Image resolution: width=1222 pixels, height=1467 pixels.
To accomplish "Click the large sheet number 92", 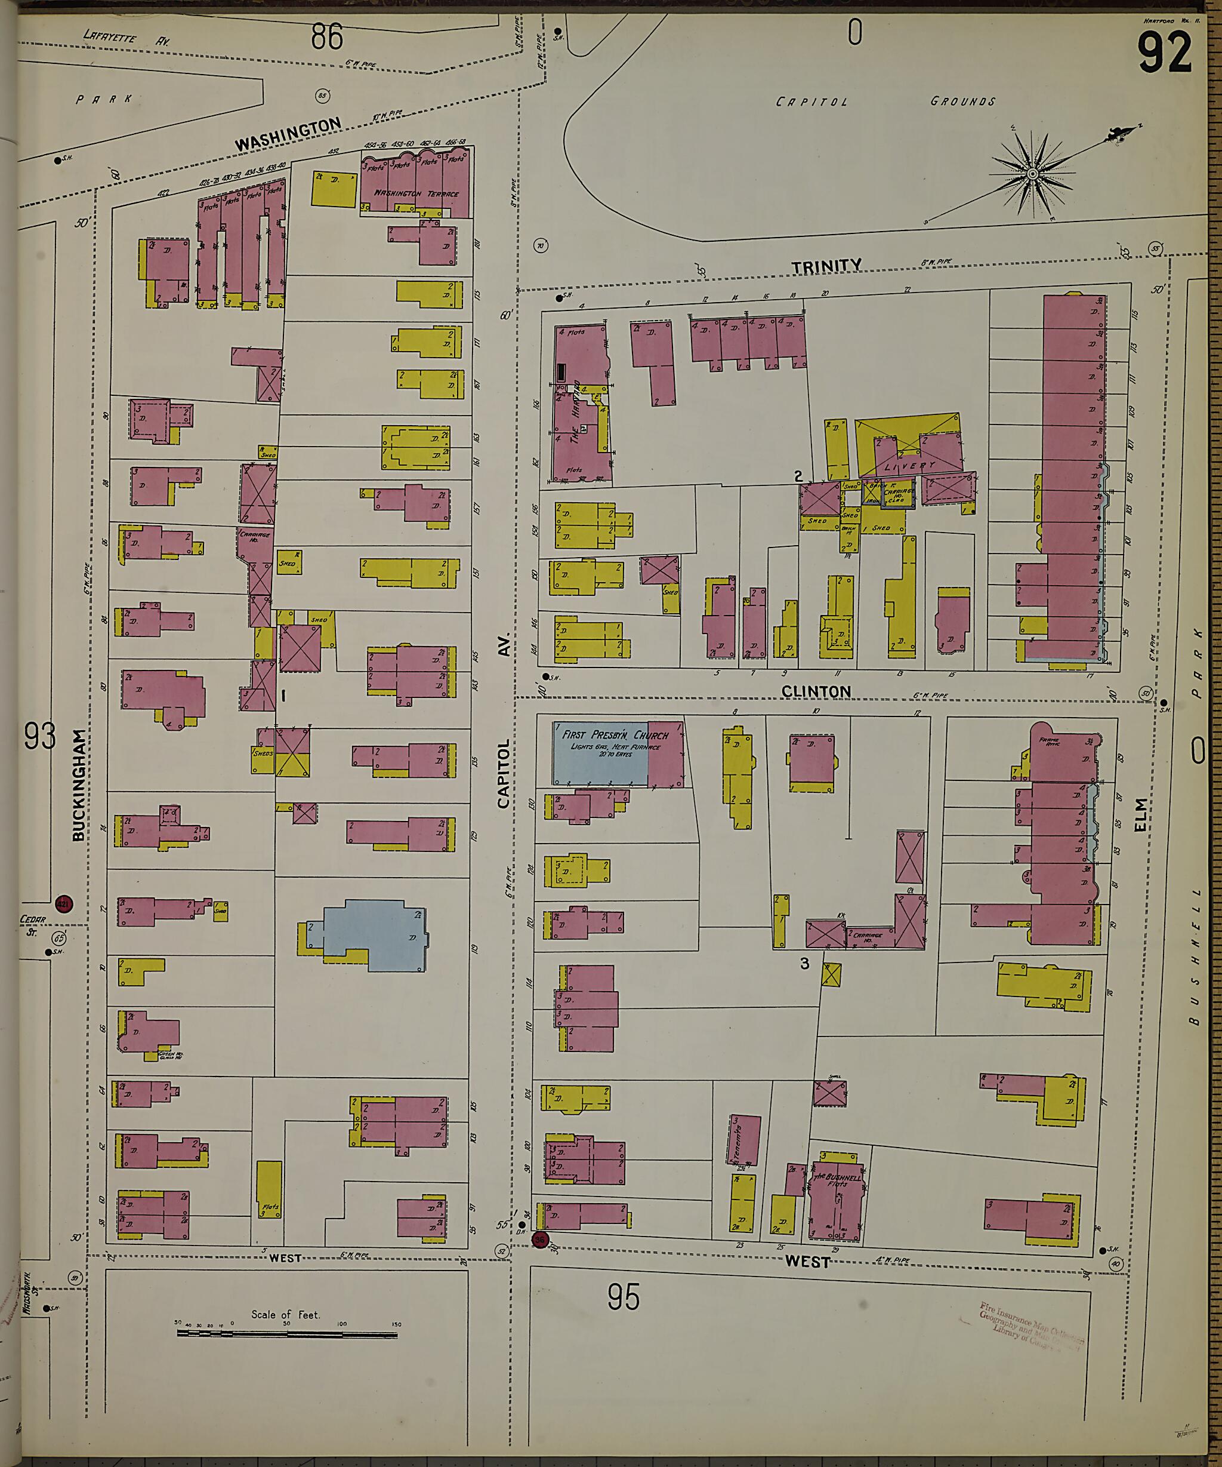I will (x=1164, y=53).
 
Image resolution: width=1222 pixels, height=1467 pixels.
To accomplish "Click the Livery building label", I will (x=909, y=466).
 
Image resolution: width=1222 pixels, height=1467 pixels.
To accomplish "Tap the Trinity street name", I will (x=826, y=266).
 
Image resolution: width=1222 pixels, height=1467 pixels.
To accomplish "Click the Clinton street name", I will (x=816, y=691).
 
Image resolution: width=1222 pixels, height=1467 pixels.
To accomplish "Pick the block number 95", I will (x=623, y=1297).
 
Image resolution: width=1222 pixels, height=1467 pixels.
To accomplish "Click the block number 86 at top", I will (x=327, y=36).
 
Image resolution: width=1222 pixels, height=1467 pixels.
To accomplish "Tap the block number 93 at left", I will (x=39, y=736).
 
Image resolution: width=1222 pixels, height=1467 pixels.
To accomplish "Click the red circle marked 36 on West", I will (x=541, y=1240).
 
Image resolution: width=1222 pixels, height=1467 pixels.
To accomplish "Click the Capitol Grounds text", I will (x=885, y=102).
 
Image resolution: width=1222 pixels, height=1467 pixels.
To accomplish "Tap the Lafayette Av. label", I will (x=126, y=37).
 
